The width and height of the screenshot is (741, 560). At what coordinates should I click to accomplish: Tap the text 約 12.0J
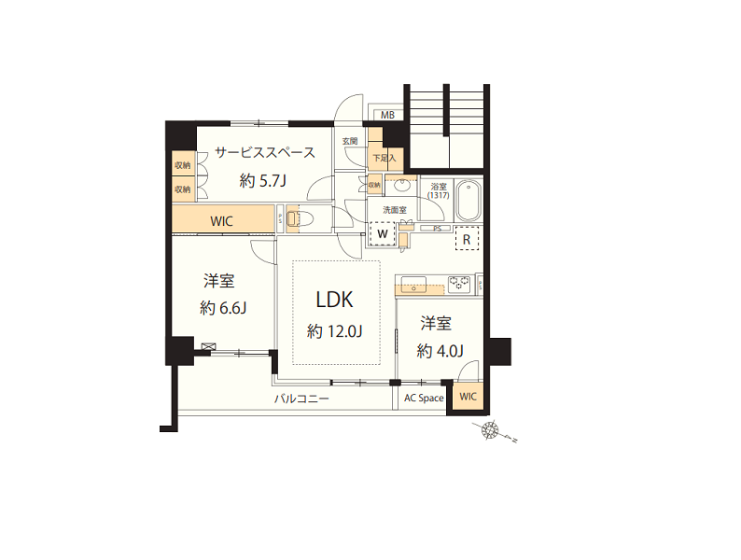pyautogui.click(x=335, y=330)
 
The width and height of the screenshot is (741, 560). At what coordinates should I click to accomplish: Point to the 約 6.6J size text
pyautogui.click(x=223, y=309)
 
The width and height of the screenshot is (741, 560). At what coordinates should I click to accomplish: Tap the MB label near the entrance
pyautogui.click(x=387, y=116)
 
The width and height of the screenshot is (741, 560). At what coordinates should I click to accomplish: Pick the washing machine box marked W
pyautogui.click(x=383, y=232)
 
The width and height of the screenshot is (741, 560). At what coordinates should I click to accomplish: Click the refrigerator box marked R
pyautogui.click(x=466, y=239)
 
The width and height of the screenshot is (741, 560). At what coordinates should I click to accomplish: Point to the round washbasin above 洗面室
pyautogui.click(x=402, y=186)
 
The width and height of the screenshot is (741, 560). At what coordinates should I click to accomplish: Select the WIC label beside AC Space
pyautogui.click(x=468, y=397)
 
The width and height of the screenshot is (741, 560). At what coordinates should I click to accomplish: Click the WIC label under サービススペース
pyautogui.click(x=221, y=221)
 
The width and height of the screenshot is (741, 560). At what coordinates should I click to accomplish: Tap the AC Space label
pyautogui.click(x=424, y=399)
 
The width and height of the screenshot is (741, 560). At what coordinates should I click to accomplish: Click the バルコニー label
pyautogui.click(x=301, y=399)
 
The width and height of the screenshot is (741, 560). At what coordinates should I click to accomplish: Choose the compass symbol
pyautogui.click(x=491, y=431)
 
